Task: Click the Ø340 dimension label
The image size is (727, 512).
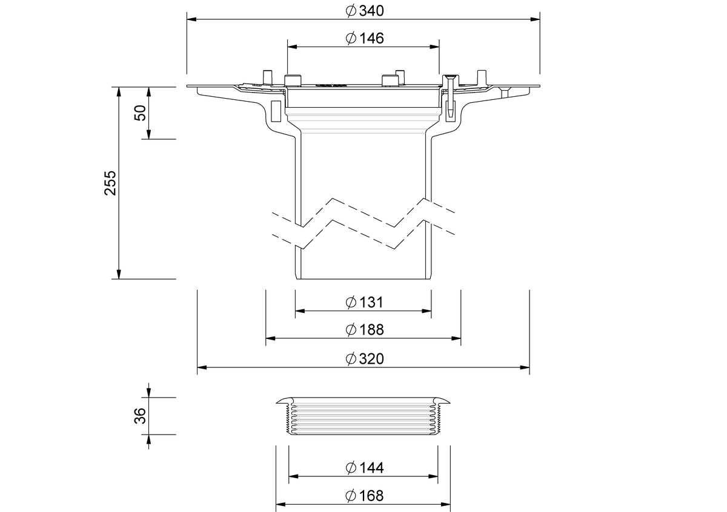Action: [x=365, y=11]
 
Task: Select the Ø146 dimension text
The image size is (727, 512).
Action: [x=365, y=38]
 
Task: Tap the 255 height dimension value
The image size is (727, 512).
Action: [x=110, y=183]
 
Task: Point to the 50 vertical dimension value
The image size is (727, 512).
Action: [x=140, y=113]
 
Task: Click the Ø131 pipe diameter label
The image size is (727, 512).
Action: [x=365, y=302]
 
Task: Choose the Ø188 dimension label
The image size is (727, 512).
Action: [x=365, y=330]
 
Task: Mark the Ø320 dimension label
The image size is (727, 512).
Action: [x=365, y=359]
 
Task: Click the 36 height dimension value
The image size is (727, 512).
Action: [x=140, y=416]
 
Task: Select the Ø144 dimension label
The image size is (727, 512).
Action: [x=365, y=468]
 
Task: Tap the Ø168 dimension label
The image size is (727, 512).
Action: [x=365, y=496]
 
